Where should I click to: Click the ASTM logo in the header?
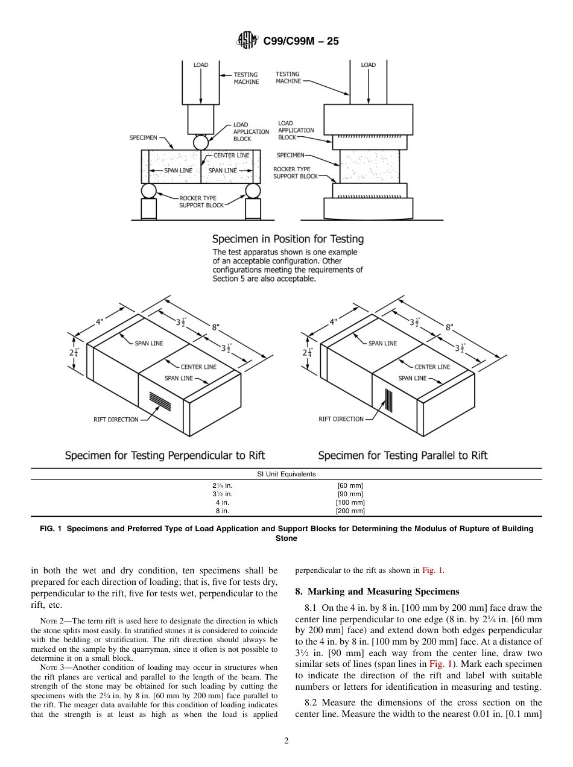247,40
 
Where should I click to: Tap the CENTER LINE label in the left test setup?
231,156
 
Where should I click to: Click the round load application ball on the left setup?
200,142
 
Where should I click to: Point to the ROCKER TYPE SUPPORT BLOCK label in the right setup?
295,173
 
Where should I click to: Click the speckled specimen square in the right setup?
370,166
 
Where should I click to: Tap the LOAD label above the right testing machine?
368,65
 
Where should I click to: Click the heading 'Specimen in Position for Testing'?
288,239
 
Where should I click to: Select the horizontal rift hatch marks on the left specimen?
160,399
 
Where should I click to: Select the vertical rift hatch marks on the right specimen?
390,399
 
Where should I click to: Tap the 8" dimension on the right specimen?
449,327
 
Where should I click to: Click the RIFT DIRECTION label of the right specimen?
341,419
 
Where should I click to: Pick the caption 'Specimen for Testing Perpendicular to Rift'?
165,455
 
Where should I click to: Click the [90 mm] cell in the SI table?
350,494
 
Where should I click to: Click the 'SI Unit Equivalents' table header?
286,474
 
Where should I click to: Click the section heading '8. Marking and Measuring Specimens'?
377,591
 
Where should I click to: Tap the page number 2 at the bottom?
286,741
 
